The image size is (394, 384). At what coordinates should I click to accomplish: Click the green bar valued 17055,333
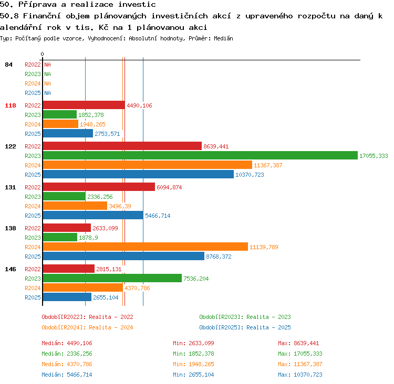point(200,155)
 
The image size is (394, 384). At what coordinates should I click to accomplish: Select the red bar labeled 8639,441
point(122,146)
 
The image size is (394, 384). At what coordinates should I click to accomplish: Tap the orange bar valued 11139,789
point(146,247)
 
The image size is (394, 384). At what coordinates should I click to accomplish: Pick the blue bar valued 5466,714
point(93,215)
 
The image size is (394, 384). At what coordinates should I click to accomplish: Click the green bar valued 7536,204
point(112,278)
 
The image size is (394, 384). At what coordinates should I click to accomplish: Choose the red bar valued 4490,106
point(84,105)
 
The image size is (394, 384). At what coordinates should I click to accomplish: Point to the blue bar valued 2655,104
point(67,297)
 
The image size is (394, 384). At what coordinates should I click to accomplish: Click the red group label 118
point(11,105)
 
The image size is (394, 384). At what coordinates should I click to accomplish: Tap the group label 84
point(8,65)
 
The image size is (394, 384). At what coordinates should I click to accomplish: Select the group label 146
point(11,269)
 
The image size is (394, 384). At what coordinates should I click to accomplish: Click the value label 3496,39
point(120,206)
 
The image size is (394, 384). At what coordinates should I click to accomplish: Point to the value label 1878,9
point(88,238)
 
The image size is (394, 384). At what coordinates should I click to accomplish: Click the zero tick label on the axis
point(42,54)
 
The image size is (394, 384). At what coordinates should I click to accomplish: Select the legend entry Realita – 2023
point(268,317)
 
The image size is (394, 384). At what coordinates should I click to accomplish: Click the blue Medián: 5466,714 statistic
point(67,375)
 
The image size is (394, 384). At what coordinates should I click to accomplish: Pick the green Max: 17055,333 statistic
point(300,354)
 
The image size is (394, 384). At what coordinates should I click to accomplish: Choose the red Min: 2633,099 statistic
point(193,343)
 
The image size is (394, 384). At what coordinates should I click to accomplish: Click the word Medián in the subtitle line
point(223,38)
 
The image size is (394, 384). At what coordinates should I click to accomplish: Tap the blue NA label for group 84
point(47,93)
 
